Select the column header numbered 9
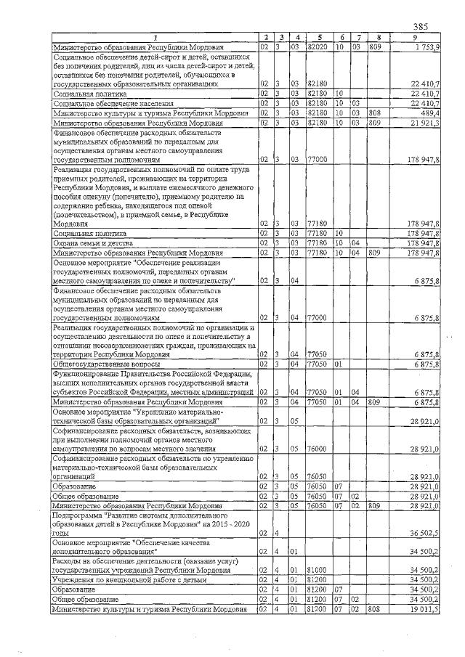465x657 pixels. [415, 37]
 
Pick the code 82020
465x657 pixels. [318, 46]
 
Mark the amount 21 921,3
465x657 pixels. [424, 123]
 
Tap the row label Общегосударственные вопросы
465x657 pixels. [101, 364]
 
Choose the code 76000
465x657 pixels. [317, 449]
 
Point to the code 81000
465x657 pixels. [317, 571]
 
